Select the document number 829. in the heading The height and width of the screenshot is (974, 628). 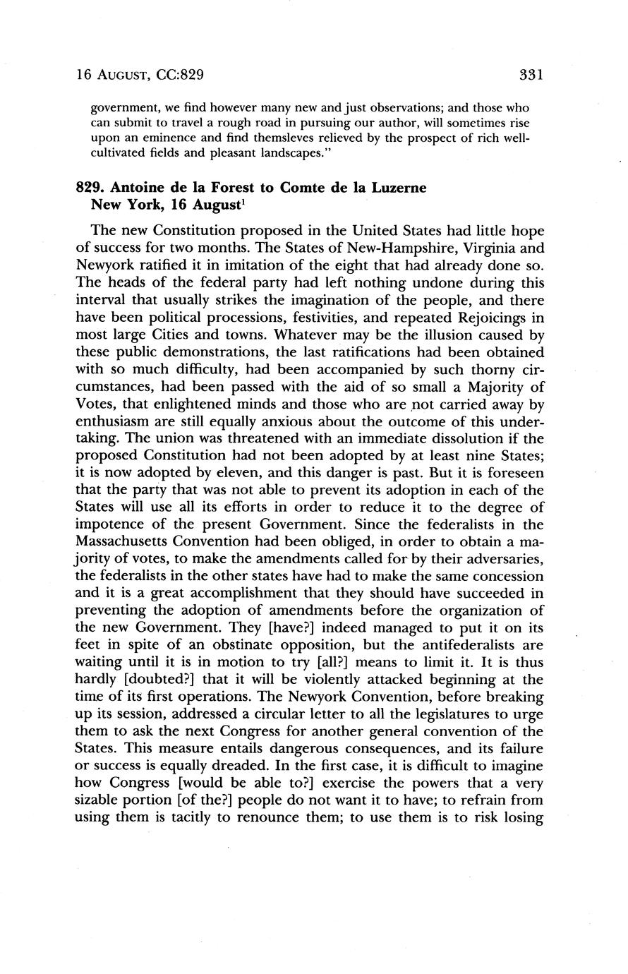(x=90, y=188)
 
